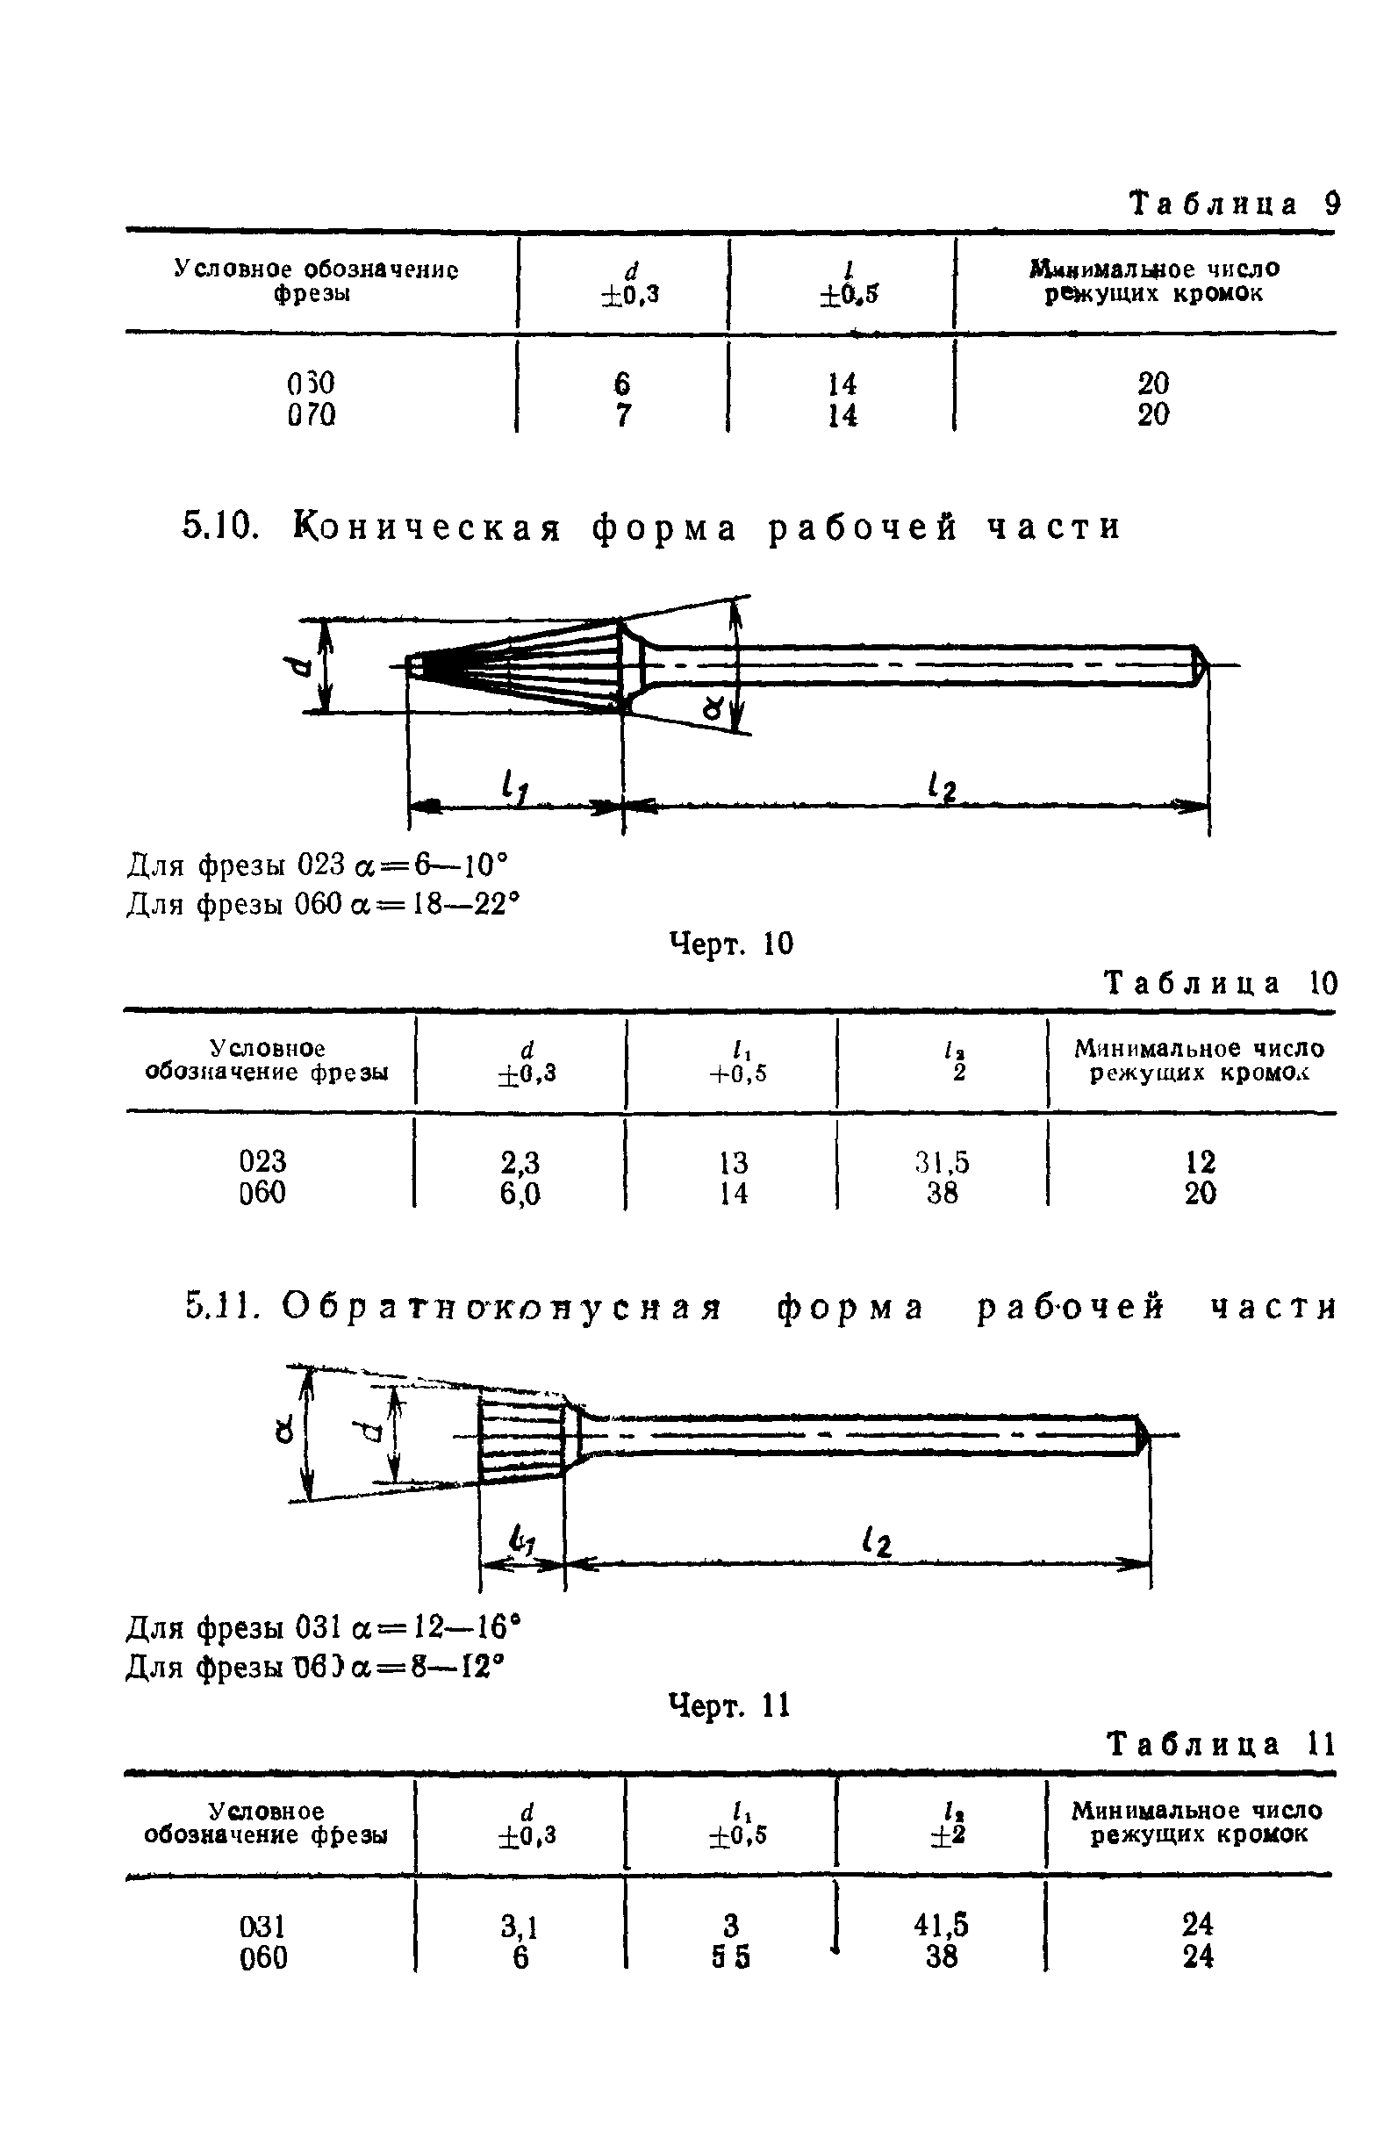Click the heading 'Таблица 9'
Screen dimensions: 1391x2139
(1233, 205)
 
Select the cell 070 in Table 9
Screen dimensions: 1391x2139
(311, 415)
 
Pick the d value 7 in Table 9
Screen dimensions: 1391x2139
(622, 415)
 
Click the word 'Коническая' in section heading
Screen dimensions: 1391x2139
(427, 527)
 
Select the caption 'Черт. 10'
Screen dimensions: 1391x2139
(731, 944)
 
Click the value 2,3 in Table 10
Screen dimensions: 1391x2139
(520, 1163)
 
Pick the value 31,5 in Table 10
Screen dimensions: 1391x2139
(942, 1163)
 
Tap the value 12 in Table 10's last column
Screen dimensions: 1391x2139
(1200, 1163)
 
